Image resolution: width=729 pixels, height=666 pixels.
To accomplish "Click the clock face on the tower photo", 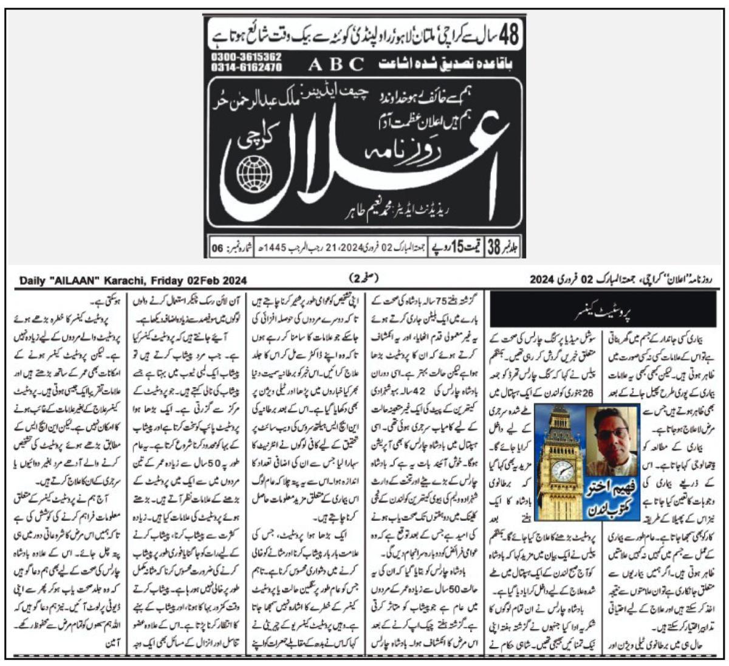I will [x=563, y=470].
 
